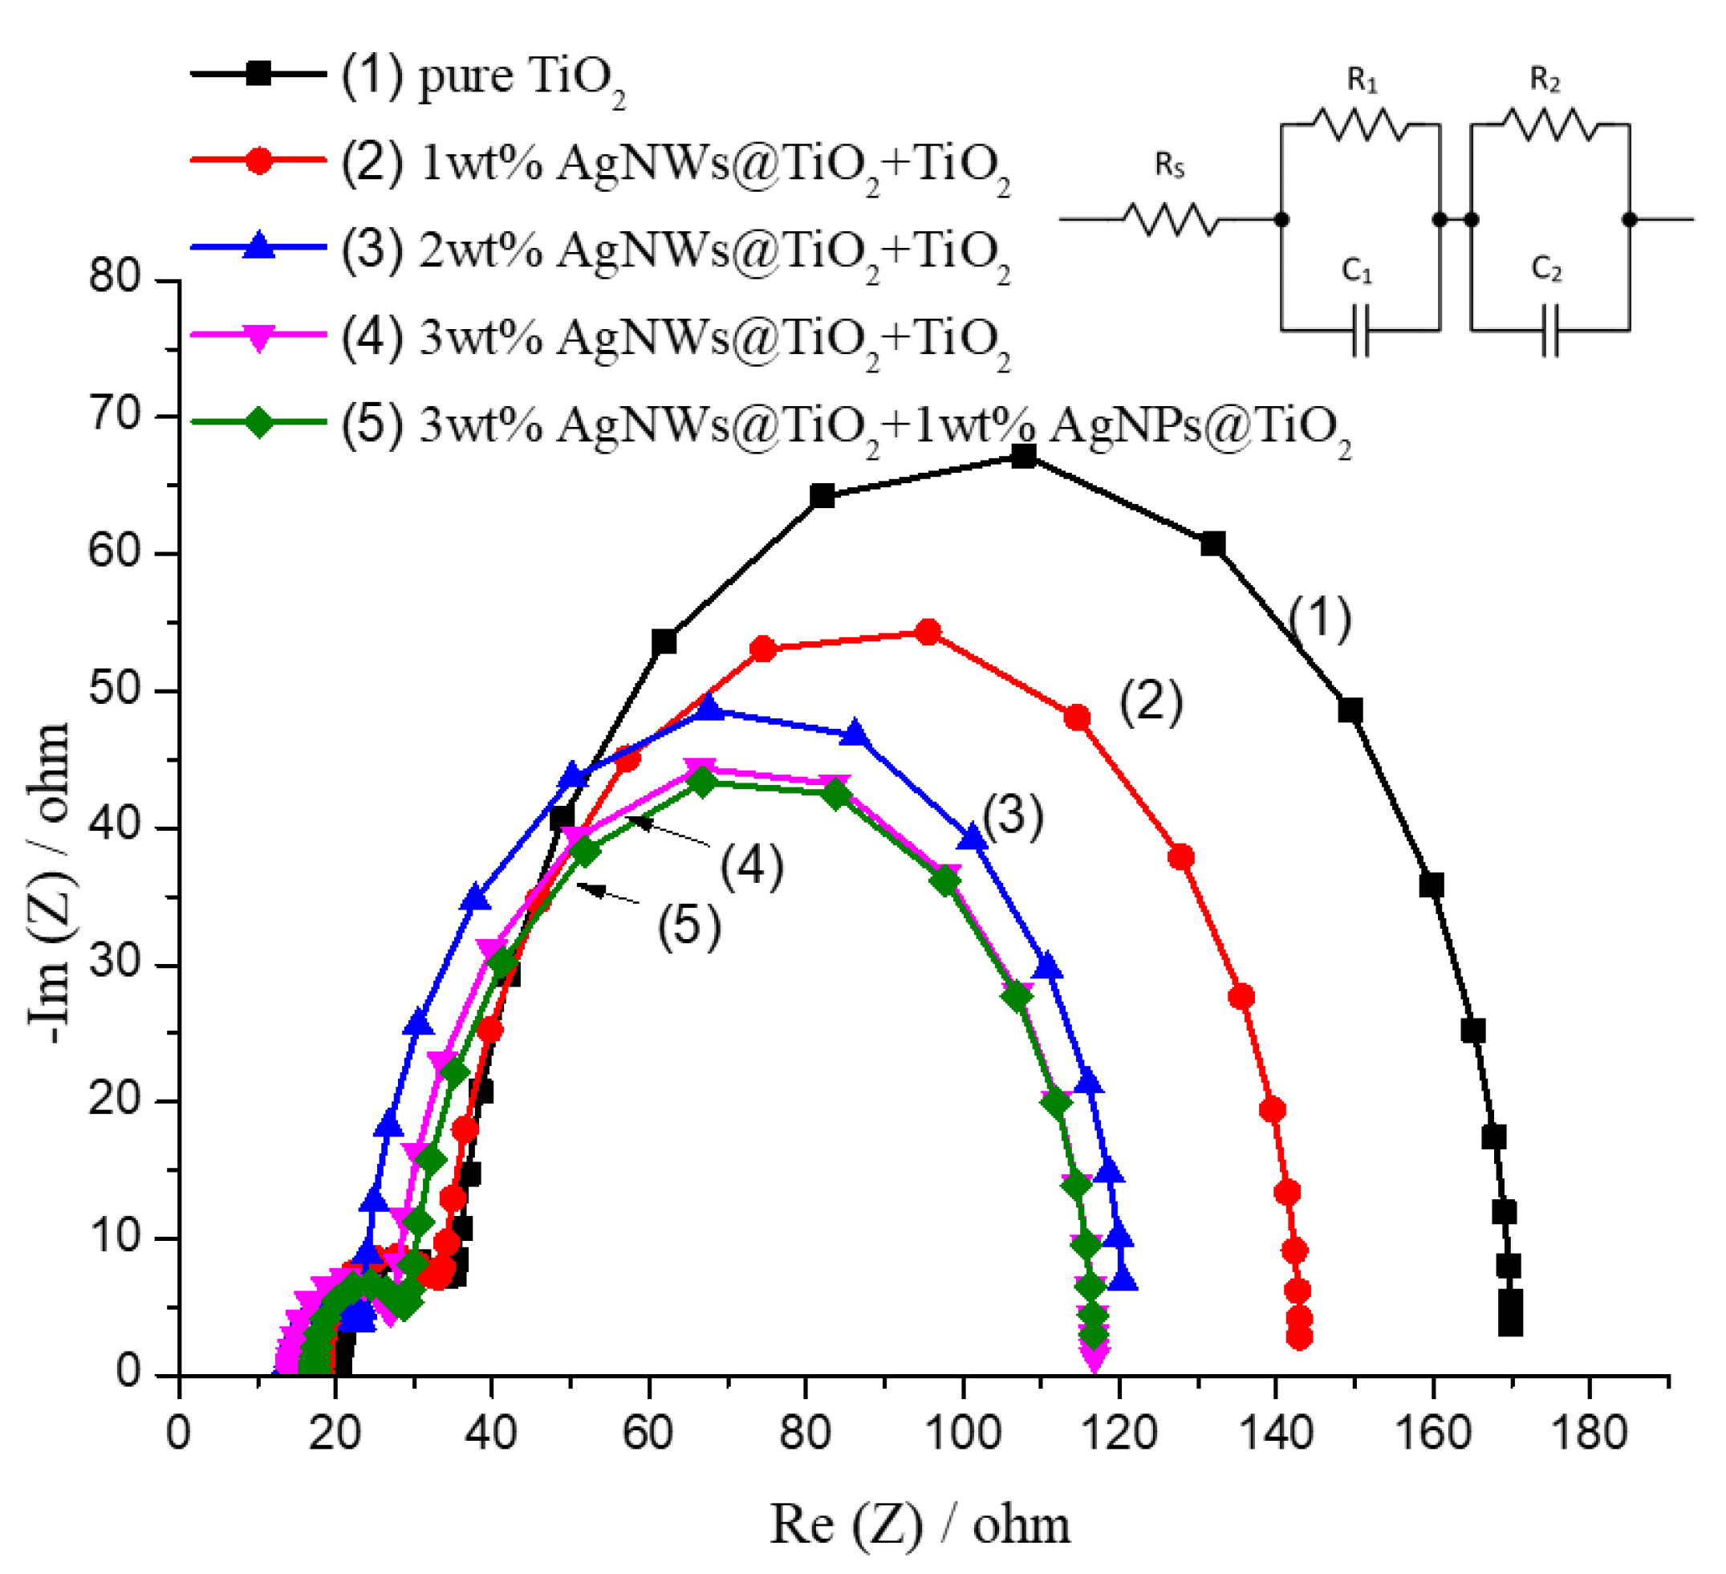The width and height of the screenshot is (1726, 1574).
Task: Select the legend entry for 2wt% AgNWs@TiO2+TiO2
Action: (x=676, y=251)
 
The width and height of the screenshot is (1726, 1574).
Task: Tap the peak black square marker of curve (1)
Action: (x=1024, y=457)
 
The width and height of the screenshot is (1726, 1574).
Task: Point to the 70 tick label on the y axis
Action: (x=118, y=417)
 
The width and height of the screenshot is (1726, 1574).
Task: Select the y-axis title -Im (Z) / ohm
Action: (x=49, y=882)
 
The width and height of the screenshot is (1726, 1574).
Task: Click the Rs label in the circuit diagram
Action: (x=1169, y=165)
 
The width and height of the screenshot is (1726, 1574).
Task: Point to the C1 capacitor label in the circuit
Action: (x=1357, y=271)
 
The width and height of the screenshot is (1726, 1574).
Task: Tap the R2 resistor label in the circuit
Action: (x=1545, y=80)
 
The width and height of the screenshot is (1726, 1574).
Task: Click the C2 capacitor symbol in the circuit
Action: (x=1549, y=331)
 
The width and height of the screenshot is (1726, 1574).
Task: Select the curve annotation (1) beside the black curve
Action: (x=1320, y=618)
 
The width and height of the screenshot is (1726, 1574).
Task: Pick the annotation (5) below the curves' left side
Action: (x=689, y=926)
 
